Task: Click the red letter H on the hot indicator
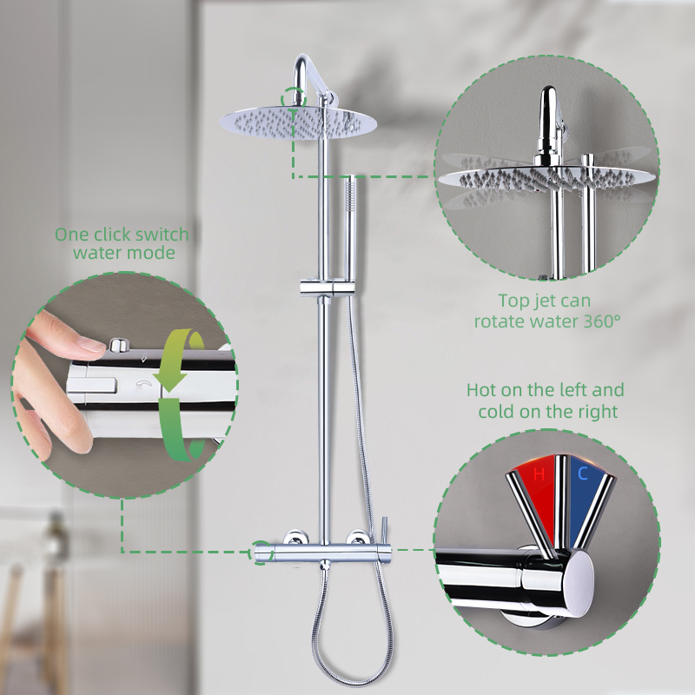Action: tap(539, 474)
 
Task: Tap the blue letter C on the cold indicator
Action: tap(582, 473)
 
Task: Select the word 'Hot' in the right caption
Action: tap(481, 390)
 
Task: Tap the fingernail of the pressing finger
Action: tap(90, 343)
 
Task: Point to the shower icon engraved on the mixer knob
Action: tap(142, 386)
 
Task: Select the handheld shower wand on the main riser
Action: tap(351, 229)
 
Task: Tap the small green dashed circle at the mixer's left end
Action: tap(261, 553)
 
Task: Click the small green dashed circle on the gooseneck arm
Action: tap(294, 97)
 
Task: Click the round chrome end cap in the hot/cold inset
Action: tap(578, 584)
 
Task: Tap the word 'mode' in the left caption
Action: tap(153, 253)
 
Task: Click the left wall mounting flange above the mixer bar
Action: tap(294, 537)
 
